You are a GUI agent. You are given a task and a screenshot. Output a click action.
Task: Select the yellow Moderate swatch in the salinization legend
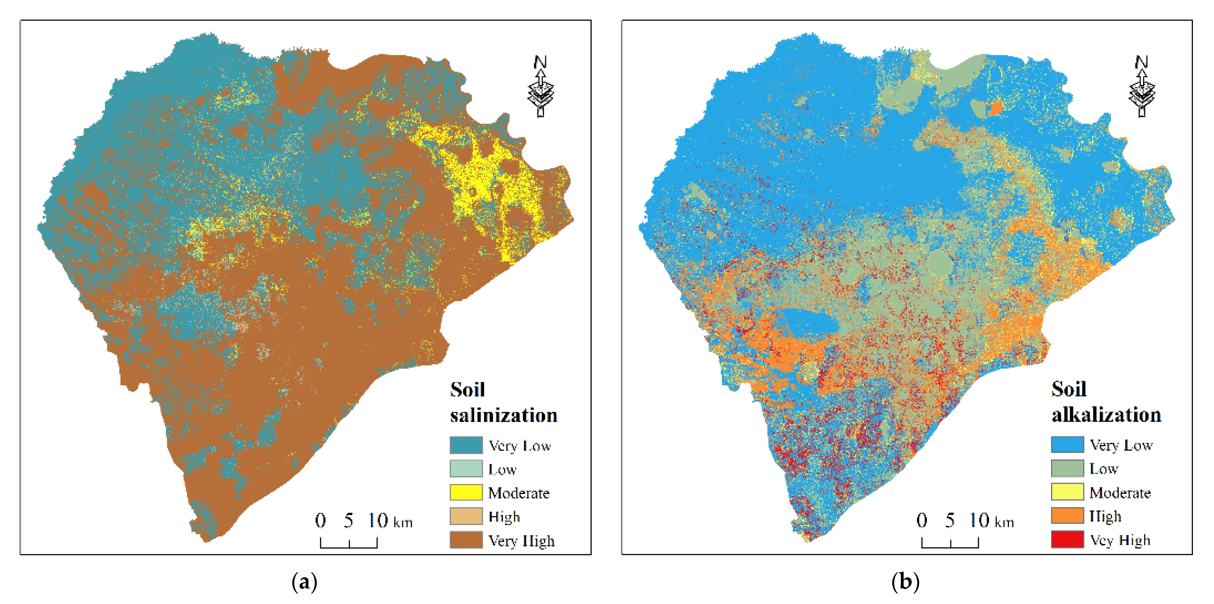coord(466,492)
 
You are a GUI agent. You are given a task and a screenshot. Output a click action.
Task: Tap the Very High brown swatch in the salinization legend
coord(466,540)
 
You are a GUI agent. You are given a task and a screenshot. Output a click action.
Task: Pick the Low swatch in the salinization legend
coord(466,469)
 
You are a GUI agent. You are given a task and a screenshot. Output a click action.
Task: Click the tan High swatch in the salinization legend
coord(466,516)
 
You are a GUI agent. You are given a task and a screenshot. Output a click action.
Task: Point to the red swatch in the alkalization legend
coord(1067,539)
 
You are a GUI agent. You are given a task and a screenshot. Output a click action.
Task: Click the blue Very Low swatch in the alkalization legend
coord(1067,444)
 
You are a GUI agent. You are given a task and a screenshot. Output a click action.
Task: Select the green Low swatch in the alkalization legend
coord(1067,468)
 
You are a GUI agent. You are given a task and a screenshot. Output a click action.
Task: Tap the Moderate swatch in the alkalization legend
coord(1067,492)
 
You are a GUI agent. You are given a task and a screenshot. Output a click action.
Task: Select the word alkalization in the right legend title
coord(1106,415)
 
